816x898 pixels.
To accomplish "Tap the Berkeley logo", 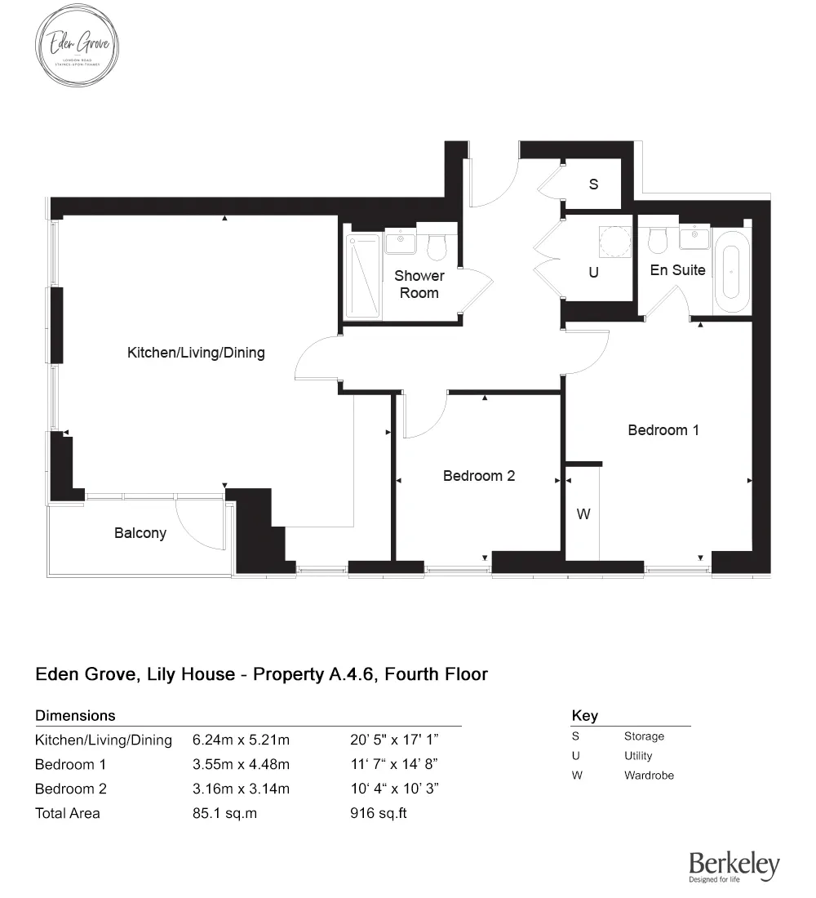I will [734, 866].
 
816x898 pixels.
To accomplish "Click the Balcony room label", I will [140, 533].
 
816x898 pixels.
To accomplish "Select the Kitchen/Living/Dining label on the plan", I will [196, 353].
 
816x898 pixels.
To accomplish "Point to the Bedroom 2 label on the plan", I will [479, 475].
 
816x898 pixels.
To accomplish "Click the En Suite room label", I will [677, 269].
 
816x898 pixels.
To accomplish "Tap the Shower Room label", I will [419, 284].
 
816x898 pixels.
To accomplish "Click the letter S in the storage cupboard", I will [593, 184].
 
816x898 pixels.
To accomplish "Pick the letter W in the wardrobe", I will [583, 514].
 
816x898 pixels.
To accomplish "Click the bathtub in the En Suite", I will [732, 271].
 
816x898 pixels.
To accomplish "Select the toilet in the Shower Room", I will [437, 245].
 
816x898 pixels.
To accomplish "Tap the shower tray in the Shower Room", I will [363, 276].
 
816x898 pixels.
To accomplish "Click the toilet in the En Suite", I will [657, 239].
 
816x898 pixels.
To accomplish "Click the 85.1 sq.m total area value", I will [224, 813].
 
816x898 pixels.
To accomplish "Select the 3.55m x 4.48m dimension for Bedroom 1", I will [241, 765].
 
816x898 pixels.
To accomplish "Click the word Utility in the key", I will [638, 756].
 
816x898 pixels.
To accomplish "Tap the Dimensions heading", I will [75, 715].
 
